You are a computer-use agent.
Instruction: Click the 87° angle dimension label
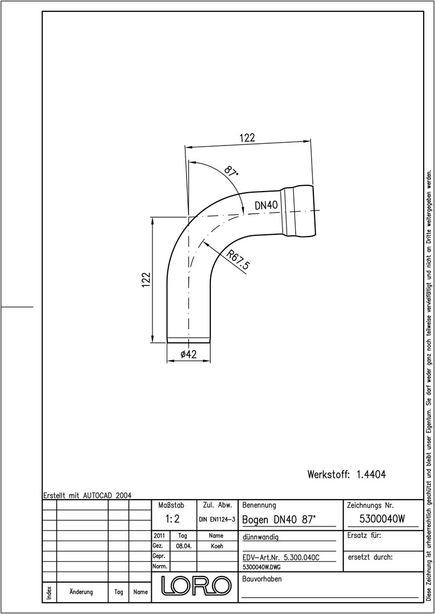coord(231,172)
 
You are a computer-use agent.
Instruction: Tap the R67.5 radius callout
coord(238,260)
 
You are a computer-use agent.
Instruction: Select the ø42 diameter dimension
coord(188,354)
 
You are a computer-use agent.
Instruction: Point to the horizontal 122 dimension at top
coord(247,138)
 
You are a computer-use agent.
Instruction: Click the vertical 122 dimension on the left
coord(147,280)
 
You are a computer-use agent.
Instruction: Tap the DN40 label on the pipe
coord(266,205)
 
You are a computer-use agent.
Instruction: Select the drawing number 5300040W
coord(382,519)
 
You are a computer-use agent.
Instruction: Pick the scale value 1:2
coord(172,519)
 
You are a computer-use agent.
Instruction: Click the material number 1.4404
coord(371,475)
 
